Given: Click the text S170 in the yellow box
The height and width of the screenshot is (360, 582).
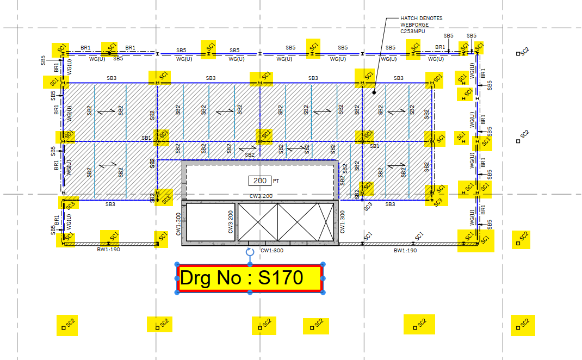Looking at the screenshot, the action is [281, 277].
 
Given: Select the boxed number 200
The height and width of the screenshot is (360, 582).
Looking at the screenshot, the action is [260, 181].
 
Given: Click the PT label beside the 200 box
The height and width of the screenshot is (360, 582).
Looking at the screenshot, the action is [276, 181].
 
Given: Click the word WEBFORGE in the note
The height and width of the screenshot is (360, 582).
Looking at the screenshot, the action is [414, 25].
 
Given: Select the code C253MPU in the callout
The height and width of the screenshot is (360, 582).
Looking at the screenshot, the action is [412, 32].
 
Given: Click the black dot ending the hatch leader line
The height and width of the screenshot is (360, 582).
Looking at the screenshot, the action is [374, 92].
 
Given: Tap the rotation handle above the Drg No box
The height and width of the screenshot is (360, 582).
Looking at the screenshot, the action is [250, 252].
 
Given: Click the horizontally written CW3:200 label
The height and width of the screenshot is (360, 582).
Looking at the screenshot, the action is [261, 196].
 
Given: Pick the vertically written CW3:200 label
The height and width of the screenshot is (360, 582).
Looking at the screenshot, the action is [231, 222].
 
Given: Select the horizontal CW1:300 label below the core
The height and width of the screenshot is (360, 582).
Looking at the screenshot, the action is [272, 251].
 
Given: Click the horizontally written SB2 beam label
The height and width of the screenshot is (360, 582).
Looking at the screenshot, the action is [250, 155].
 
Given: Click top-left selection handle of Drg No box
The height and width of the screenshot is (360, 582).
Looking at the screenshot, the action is [177, 264].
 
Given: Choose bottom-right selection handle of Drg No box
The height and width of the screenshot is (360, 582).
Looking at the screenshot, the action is [323, 293].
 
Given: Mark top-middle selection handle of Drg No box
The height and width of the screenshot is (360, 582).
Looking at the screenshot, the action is [250, 264].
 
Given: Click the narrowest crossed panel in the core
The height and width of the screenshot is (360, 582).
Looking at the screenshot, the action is [326, 222].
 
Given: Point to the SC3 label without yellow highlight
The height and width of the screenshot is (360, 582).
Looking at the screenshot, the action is [368, 207].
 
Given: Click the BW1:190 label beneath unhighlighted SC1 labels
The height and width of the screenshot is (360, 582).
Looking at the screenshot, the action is [405, 251].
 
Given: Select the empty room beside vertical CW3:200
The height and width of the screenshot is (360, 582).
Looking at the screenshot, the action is [210, 222].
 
